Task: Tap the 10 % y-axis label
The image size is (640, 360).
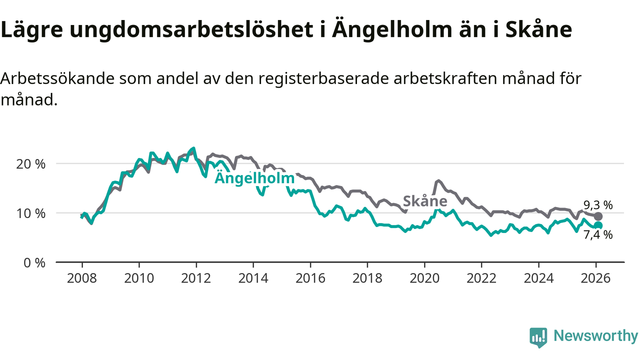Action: coord(33,213)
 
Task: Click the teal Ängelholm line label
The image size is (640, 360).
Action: coord(254,179)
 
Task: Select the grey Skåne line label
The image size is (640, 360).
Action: coord(424,201)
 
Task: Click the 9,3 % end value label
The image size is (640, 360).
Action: coord(598,205)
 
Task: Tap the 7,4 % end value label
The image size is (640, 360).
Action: coord(598,235)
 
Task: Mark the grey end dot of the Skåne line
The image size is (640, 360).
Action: coord(598,216)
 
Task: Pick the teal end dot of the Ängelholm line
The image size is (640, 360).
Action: coord(598,225)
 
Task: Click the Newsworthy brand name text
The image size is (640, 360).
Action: coord(595,336)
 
